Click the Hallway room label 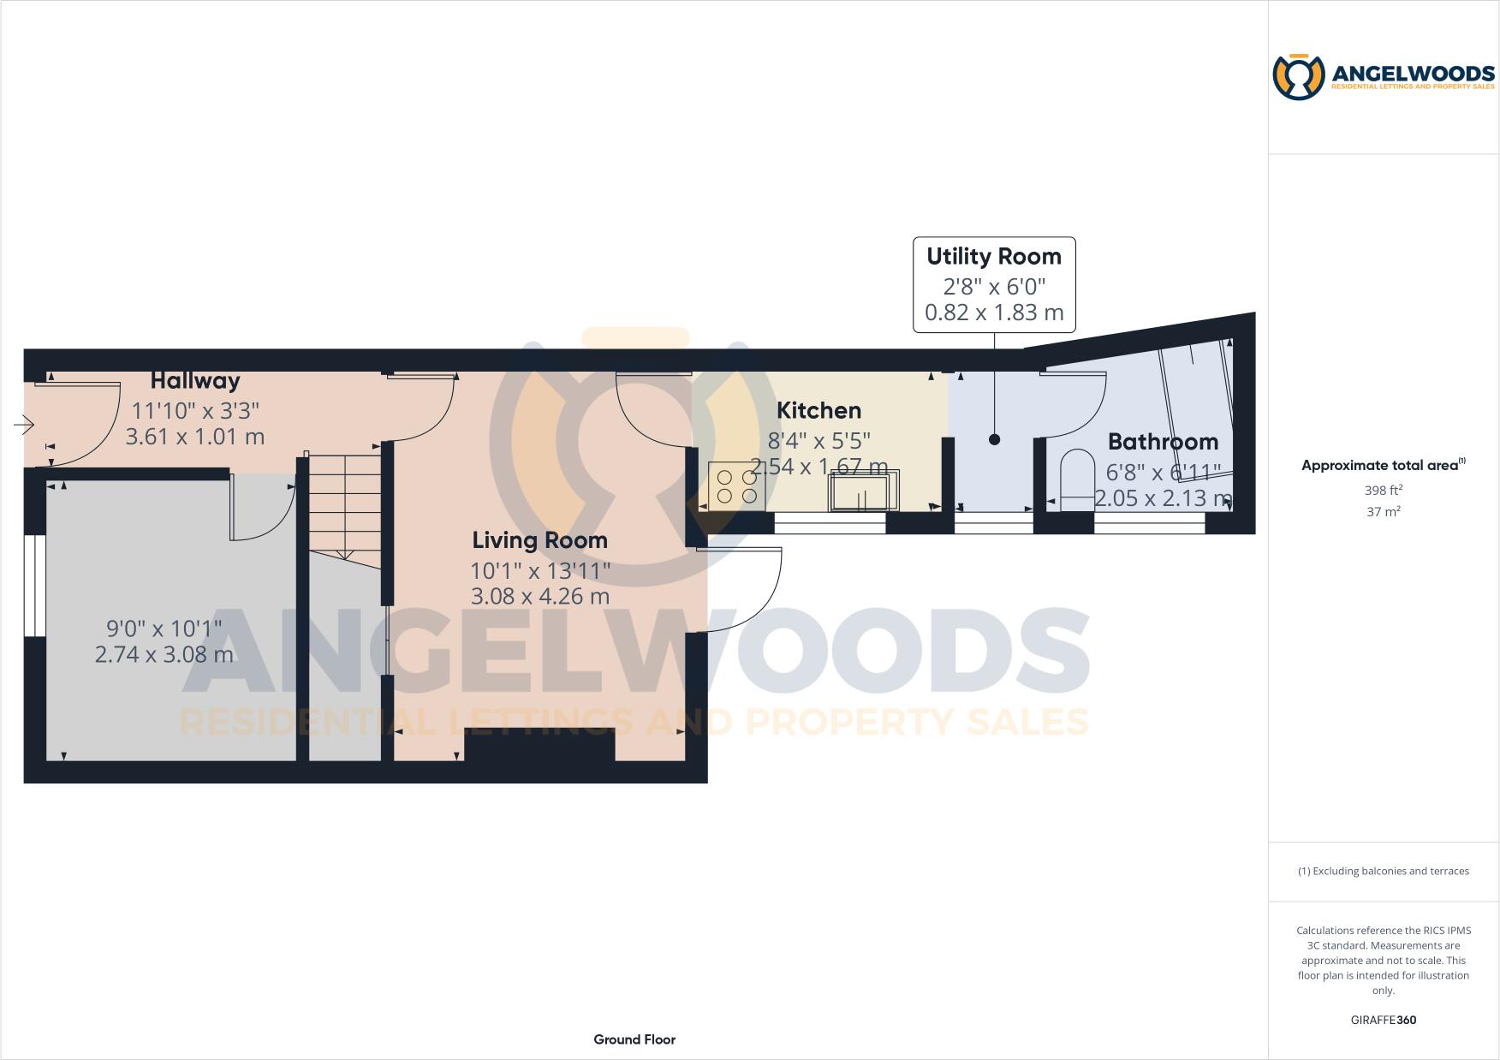coord(195,381)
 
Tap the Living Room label coord(539,540)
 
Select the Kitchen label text coord(818,411)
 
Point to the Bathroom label coord(1163,442)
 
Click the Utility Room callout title coord(993,257)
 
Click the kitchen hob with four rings coord(736,486)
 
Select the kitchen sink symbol coord(862,493)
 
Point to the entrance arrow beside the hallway coord(23,425)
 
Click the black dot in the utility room coord(994,439)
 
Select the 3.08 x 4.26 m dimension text coord(539,596)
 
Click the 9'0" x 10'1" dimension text coord(164,628)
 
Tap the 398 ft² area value coord(1383,491)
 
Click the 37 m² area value coord(1383,512)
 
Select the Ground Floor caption coord(634,1039)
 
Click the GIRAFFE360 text coord(1383,1020)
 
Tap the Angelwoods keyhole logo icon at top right coord(1299,77)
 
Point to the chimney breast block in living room coord(539,744)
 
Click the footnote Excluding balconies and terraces coord(1383,871)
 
